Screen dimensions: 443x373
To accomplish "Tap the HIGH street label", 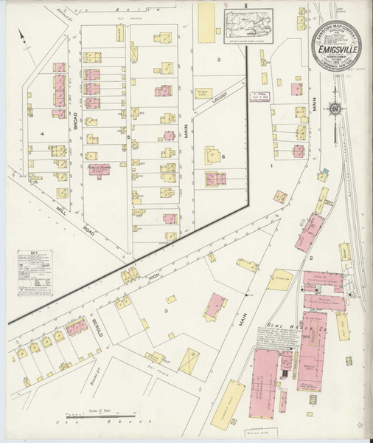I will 154,275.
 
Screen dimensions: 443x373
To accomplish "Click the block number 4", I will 43,134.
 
